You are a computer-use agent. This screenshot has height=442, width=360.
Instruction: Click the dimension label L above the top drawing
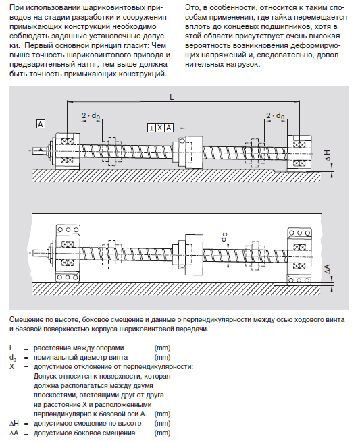(x=172, y=97)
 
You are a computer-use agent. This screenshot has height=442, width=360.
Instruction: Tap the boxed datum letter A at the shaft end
(x=41, y=124)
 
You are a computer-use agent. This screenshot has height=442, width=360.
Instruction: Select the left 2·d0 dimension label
(x=91, y=115)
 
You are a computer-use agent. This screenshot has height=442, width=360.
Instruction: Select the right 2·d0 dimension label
(x=276, y=115)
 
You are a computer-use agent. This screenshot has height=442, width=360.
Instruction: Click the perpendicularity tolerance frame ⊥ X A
(x=160, y=128)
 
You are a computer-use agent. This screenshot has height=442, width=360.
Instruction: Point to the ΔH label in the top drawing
(x=328, y=156)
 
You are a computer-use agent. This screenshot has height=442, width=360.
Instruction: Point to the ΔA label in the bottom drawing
(x=328, y=269)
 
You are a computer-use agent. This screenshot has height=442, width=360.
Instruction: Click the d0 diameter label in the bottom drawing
(x=224, y=237)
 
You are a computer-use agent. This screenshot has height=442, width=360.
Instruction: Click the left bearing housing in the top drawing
(x=68, y=151)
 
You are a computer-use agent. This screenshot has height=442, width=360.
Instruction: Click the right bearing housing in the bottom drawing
(x=299, y=255)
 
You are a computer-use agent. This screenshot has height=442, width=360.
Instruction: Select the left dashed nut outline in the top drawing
(x=112, y=151)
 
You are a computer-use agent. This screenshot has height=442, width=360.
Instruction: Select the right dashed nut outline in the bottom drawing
(x=255, y=255)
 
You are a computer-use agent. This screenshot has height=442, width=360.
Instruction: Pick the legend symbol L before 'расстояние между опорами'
(x=11, y=348)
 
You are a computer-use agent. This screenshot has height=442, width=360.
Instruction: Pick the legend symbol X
(x=12, y=366)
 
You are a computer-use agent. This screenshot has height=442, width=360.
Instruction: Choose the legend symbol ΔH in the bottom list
(x=14, y=423)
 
